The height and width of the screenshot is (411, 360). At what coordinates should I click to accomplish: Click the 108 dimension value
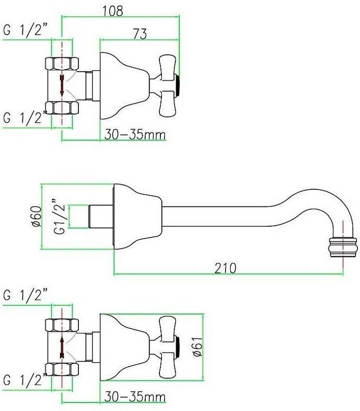[113, 11]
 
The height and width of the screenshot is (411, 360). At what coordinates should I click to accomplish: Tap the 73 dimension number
[140, 34]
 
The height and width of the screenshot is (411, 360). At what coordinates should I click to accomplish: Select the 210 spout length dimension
[226, 268]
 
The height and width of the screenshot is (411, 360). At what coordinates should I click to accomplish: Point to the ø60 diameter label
[37, 216]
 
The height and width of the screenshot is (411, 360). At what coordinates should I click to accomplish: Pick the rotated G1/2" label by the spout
[59, 217]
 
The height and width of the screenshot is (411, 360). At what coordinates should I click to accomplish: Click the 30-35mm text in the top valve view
[135, 135]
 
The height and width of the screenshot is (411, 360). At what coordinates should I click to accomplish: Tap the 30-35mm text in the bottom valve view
[135, 397]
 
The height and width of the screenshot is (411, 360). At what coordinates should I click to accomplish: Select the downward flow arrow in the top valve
[62, 85]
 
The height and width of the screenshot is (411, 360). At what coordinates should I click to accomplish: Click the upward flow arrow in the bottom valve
[62, 347]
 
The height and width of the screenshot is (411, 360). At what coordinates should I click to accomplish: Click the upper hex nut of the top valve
[62, 64]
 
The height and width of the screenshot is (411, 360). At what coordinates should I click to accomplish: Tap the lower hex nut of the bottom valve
[62, 370]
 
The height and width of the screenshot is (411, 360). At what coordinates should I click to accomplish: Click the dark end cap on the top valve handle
[178, 85]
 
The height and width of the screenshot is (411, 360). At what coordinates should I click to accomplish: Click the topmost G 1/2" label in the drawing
[25, 31]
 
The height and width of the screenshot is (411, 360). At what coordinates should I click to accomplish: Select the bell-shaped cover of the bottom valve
[125, 347]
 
